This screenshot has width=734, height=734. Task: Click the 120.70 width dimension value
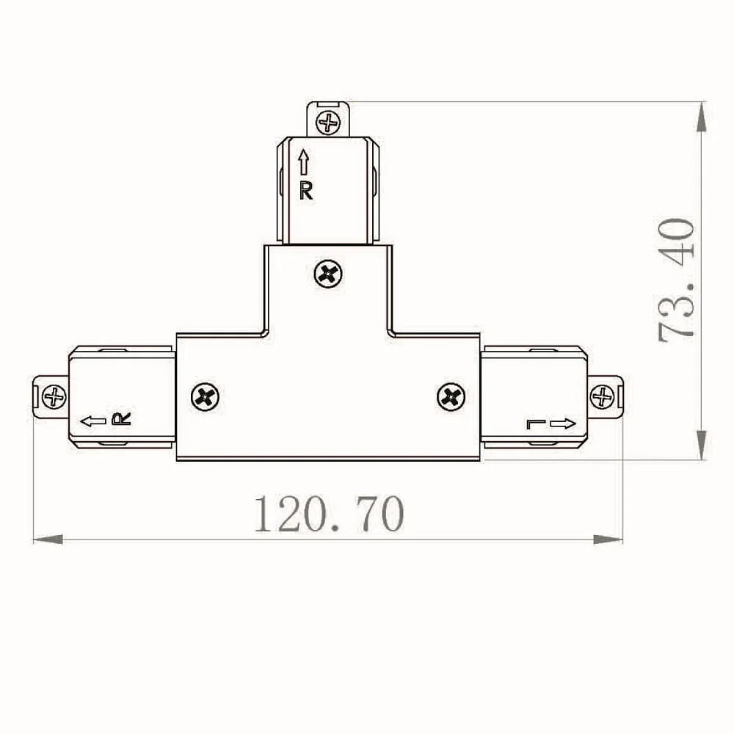tap(329, 514)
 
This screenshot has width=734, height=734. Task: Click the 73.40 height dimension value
tap(676, 280)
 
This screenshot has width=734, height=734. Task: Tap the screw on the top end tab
tap(328, 123)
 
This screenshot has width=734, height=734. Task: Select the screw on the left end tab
tap(54, 397)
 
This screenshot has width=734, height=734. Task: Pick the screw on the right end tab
tap(602, 397)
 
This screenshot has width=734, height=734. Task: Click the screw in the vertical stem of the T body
tap(328, 274)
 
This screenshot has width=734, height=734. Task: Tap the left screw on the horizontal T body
tap(205, 397)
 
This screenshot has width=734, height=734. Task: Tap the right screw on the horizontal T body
tap(451, 397)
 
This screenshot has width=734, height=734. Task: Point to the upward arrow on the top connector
tap(305, 162)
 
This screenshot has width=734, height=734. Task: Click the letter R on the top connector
tap(305, 191)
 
